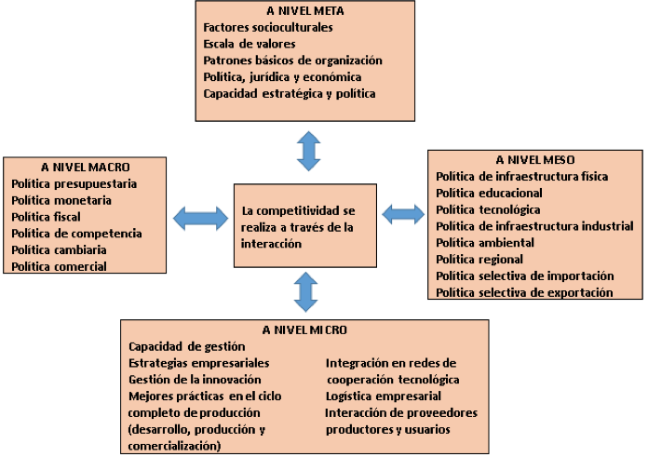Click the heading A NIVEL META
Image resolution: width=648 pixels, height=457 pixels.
pyautogui.click(x=305, y=11)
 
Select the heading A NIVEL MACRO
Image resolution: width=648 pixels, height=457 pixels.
pyautogui.click(x=85, y=167)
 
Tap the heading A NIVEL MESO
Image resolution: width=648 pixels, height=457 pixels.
pyautogui.click(x=535, y=159)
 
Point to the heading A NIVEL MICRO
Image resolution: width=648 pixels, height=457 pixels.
pyautogui.click(x=304, y=329)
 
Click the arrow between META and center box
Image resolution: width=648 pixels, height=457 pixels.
pyautogui.click(x=308, y=151)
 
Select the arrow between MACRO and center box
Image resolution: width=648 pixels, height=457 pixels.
pyautogui.click(x=200, y=218)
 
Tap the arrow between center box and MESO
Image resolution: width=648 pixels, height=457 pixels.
pyautogui.click(x=403, y=214)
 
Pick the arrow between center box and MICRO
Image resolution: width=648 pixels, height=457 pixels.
pyautogui.click(x=305, y=291)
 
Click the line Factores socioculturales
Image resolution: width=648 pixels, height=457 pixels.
pyautogui.click(x=268, y=27)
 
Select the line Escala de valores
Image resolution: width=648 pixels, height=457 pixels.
pyautogui.click(x=250, y=44)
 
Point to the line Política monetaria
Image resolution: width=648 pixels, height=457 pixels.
pyautogui.click(x=61, y=200)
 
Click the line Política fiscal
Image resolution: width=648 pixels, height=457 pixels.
pyautogui.click(x=46, y=217)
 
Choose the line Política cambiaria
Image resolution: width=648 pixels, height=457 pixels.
pyautogui.click(x=59, y=250)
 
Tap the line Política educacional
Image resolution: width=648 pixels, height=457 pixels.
pyautogui.click(x=489, y=193)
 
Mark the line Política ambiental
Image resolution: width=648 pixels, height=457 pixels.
pyautogui.click(x=485, y=243)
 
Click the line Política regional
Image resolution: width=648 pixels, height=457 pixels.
pyautogui.click(x=479, y=259)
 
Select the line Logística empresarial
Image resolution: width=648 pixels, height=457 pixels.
pyautogui.click(x=383, y=397)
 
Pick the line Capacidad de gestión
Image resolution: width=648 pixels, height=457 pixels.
pyautogui.click(x=187, y=346)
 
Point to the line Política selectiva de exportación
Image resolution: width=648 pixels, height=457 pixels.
pyautogui.click(x=524, y=292)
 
